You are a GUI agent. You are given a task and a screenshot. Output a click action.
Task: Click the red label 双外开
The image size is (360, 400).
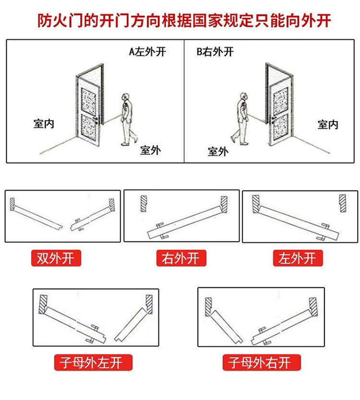tap(56, 258)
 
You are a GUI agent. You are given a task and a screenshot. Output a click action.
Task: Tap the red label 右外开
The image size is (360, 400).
tap(181, 258)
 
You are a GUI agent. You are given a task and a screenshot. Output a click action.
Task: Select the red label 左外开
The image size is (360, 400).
tap(298, 258)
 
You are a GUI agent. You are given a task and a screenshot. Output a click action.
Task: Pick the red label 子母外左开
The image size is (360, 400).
tap(93, 363)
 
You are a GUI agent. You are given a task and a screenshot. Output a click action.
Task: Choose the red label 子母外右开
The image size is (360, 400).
tap(262, 363)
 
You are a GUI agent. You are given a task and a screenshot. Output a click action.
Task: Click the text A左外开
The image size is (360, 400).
tap(147, 52)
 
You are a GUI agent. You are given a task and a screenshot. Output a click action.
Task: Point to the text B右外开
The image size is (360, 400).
tap(215, 52)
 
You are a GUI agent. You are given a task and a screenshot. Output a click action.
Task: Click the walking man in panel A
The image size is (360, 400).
tap(128, 120)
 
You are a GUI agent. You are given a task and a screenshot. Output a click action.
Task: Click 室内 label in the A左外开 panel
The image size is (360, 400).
tap(44, 124)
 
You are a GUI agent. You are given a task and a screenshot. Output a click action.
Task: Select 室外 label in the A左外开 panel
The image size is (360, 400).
tap(150, 150)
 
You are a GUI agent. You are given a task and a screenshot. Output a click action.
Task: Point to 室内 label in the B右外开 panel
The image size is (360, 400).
tap(328, 124)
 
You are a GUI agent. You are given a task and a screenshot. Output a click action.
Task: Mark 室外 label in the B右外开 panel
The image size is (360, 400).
tap(218, 152)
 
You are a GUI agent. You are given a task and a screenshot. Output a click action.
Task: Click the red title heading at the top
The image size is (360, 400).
tap(184, 20)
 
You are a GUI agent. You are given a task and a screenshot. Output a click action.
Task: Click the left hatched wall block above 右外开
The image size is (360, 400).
tap(144, 204)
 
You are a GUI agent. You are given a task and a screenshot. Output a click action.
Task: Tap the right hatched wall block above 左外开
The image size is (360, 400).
tap(343, 203)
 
